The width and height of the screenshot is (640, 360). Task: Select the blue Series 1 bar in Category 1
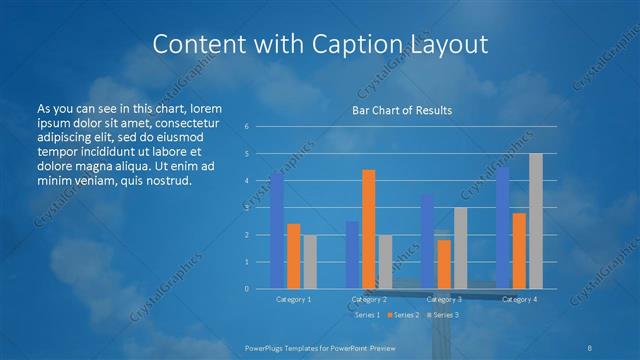click(x=277, y=230)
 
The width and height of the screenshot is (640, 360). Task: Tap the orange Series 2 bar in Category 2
click(x=368, y=229)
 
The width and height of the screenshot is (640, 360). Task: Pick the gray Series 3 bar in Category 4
click(x=535, y=221)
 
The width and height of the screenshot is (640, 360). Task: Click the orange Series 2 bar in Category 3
click(x=444, y=264)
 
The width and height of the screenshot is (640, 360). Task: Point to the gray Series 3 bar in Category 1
click(x=309, y=262)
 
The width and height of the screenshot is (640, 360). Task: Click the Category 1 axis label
click(x=293, y=299)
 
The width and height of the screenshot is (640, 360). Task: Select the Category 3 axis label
click(x=444, y=299)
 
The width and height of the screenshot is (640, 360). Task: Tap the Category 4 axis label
click(x=519, y=299)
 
